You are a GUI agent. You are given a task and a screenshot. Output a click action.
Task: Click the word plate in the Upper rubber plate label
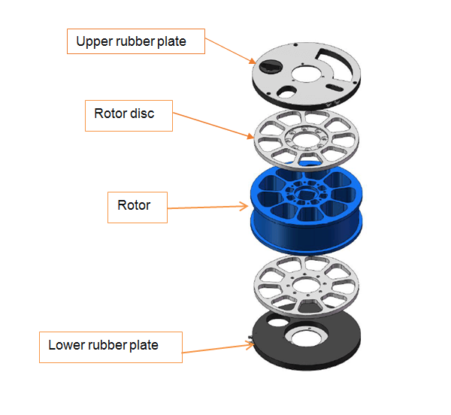pyautogui.click(x=171, y=41)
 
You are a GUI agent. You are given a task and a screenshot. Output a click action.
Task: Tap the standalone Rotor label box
pyautogui.click(x=136, y=204)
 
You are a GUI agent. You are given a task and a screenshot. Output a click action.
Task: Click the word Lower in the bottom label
pyautogui.click(x=66, y=345)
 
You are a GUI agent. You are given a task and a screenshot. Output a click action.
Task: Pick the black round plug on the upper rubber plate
pyautogui.click(x=268, y=66)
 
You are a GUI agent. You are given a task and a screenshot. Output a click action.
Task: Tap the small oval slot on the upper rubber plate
pyautogui.click(x=289, y=91)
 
